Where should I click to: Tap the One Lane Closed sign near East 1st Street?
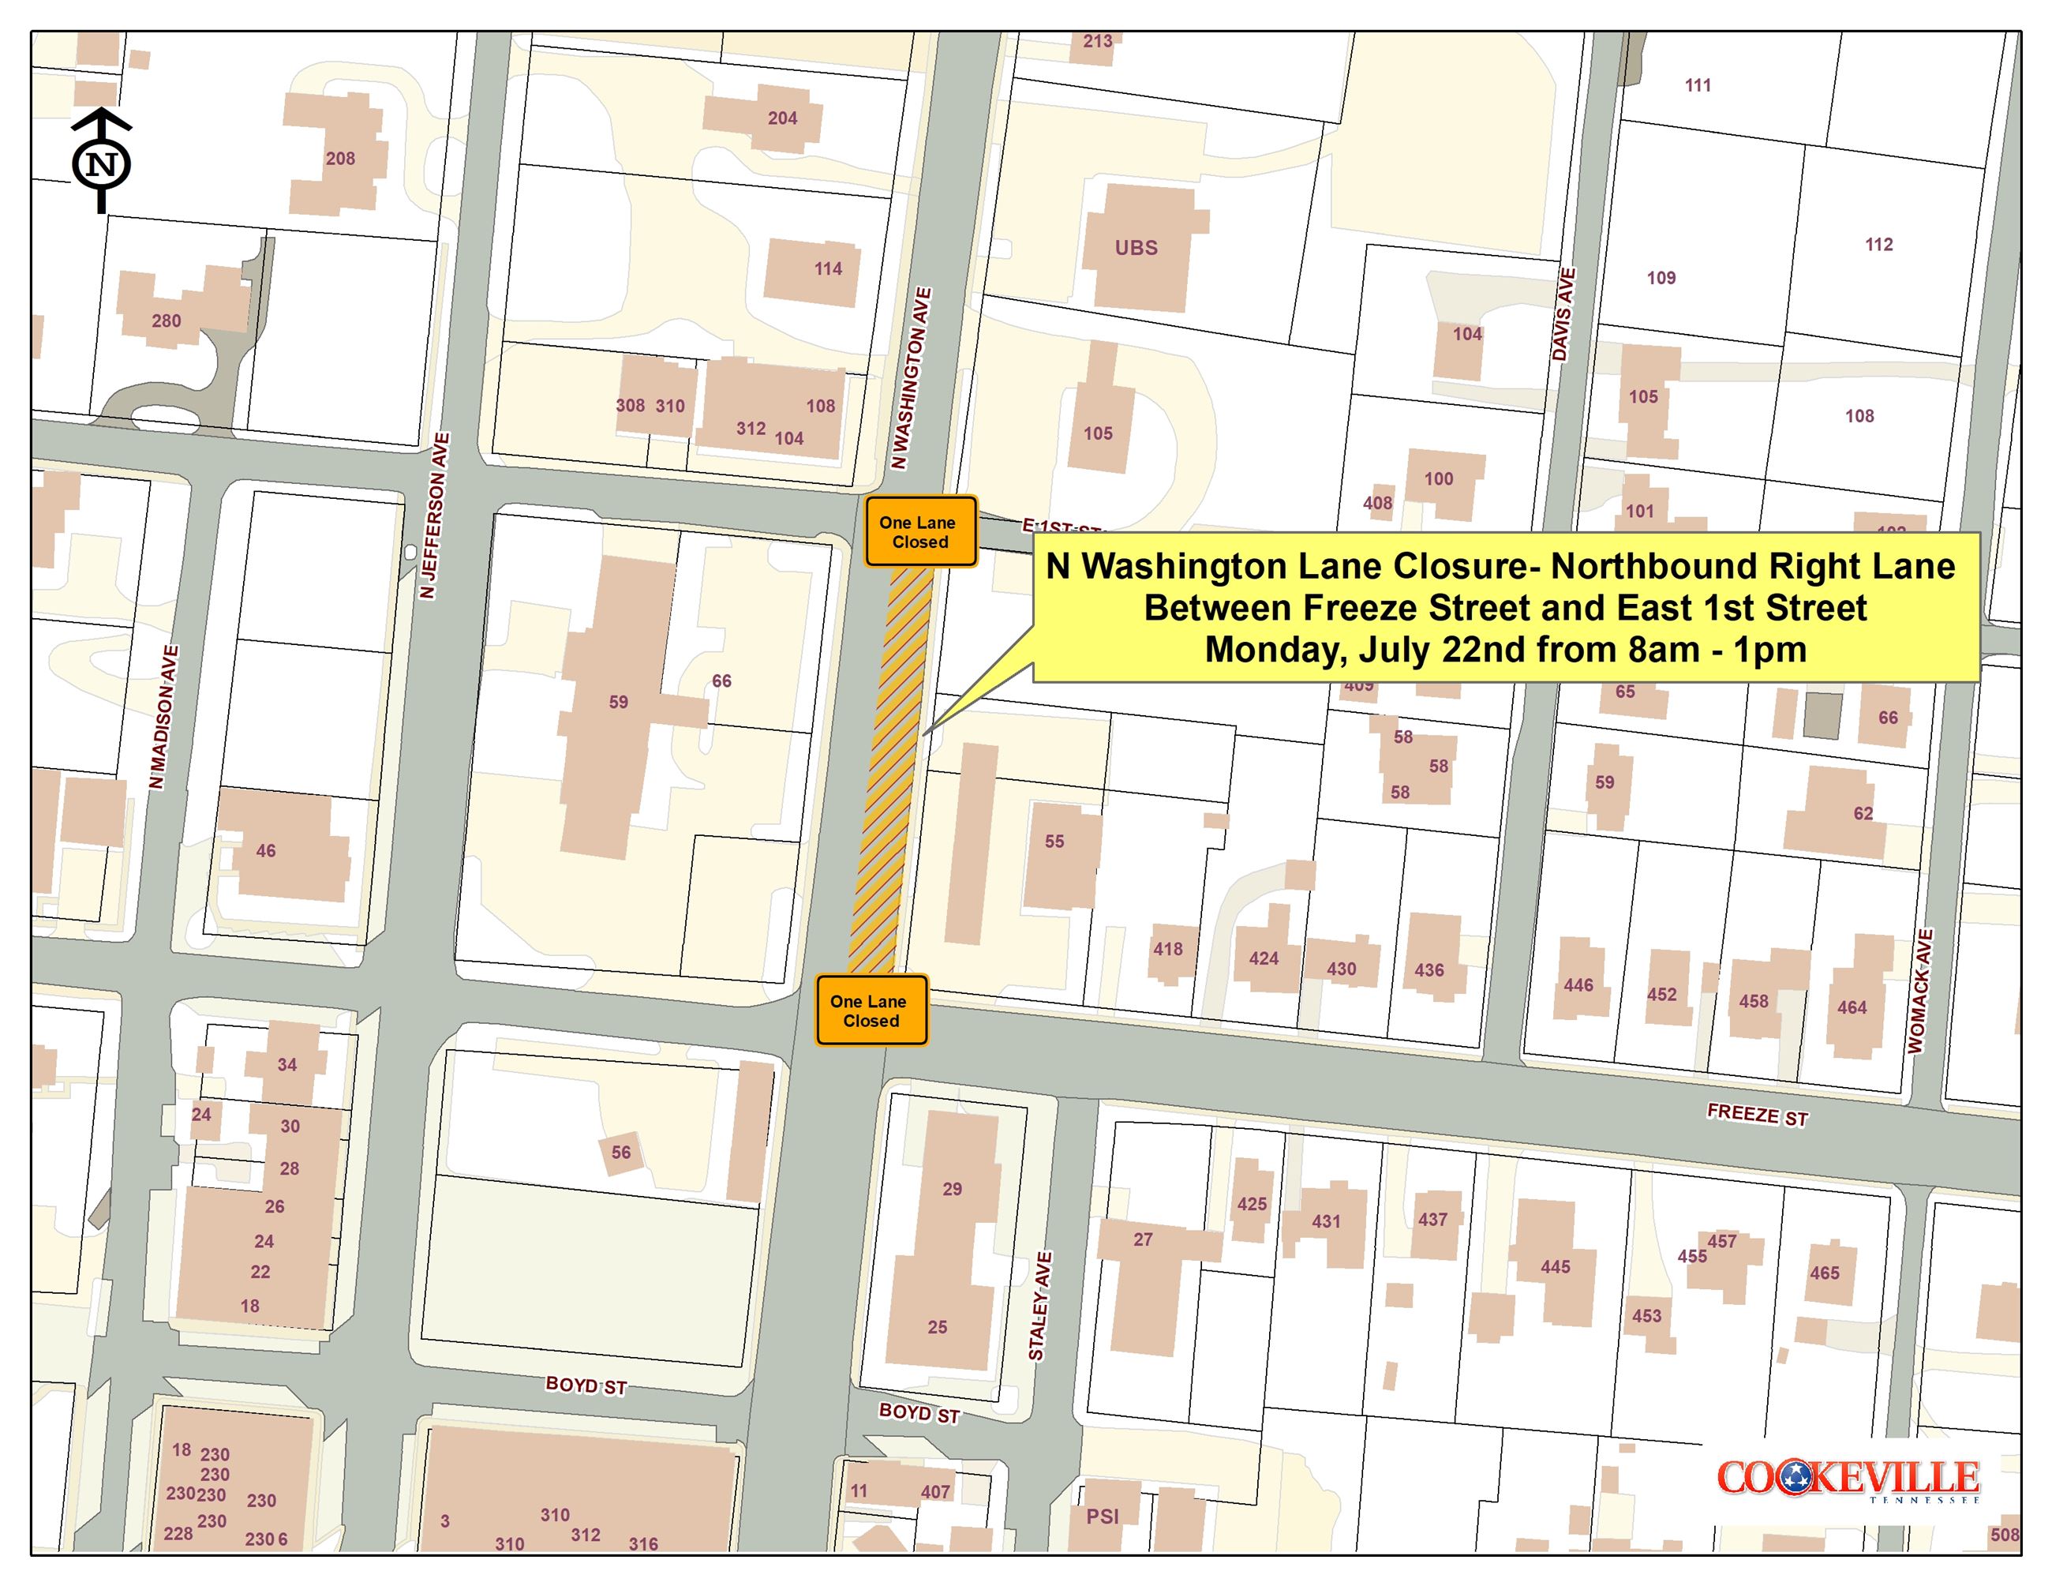[919, 532]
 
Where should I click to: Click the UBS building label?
[1136, 248]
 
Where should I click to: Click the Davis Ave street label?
[1563, 314]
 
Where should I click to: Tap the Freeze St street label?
[1757, 1115]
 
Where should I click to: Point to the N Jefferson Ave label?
[435, 515]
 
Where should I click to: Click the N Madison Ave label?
[163, 716]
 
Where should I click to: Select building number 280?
[167, 321]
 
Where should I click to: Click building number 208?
[340, 159]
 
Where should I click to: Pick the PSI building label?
[1102, 1517]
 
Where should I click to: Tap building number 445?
[1555, 1266]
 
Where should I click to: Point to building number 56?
[621, 1152]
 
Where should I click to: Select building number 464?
[1852, 1007]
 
